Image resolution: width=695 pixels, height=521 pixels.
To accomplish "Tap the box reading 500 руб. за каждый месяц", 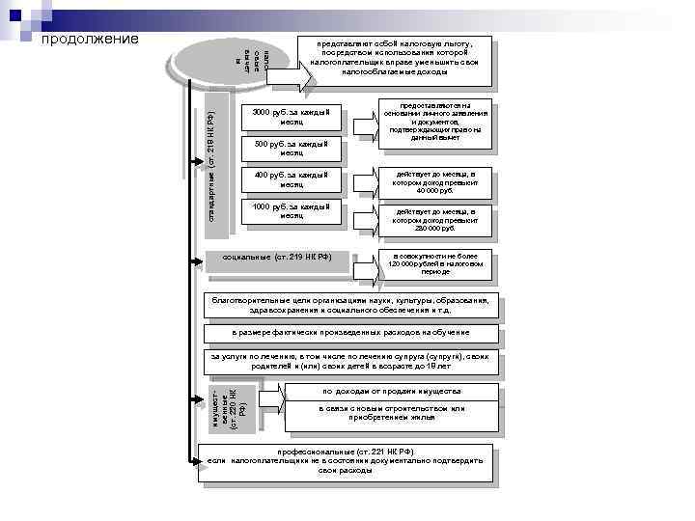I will click(291, 148).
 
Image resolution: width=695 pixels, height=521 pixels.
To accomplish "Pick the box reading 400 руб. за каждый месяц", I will click(291, 179).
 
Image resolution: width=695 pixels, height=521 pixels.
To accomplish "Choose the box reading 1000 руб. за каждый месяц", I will click(291, 210).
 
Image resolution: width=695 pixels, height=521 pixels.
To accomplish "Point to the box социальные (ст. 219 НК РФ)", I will click(277, 258).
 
